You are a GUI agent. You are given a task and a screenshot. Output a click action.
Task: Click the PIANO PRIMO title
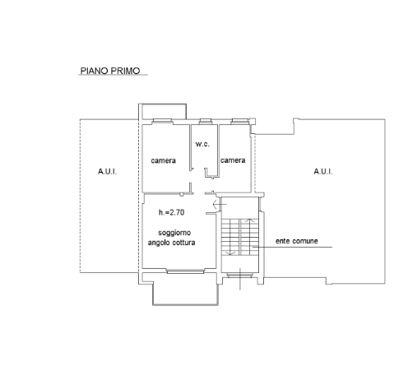[x=110, y=71]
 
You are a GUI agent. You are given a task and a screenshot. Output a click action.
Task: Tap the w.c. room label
[x=202, y=144]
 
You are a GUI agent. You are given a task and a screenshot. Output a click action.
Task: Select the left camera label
[x=163, y=160]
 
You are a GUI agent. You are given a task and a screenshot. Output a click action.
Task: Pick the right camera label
[x=233, y=160]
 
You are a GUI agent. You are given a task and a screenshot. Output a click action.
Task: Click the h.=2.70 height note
[x=171, y=212]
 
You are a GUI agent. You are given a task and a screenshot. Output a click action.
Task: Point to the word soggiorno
[x=174, y=233]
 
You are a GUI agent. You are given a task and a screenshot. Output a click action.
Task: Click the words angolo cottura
[x=171, y=243]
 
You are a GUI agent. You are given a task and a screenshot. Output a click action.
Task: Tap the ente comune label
[x=297, y=241]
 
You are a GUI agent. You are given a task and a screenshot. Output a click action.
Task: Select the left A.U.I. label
[x=107, y=172]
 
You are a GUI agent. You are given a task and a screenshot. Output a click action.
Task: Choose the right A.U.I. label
[x=323, y=172]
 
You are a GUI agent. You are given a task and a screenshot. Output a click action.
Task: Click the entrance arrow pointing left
[x=220, y=204]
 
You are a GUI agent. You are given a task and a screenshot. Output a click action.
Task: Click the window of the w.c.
[x=205, y=121]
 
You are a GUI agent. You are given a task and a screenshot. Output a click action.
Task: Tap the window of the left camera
[x=162, y=122]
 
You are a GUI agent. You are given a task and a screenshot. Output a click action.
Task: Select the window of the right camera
[x=240, y=122]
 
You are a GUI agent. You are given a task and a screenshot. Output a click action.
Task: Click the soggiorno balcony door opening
[x=186, y=271]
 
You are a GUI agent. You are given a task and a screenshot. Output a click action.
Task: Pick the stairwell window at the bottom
[x=240, y=276]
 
